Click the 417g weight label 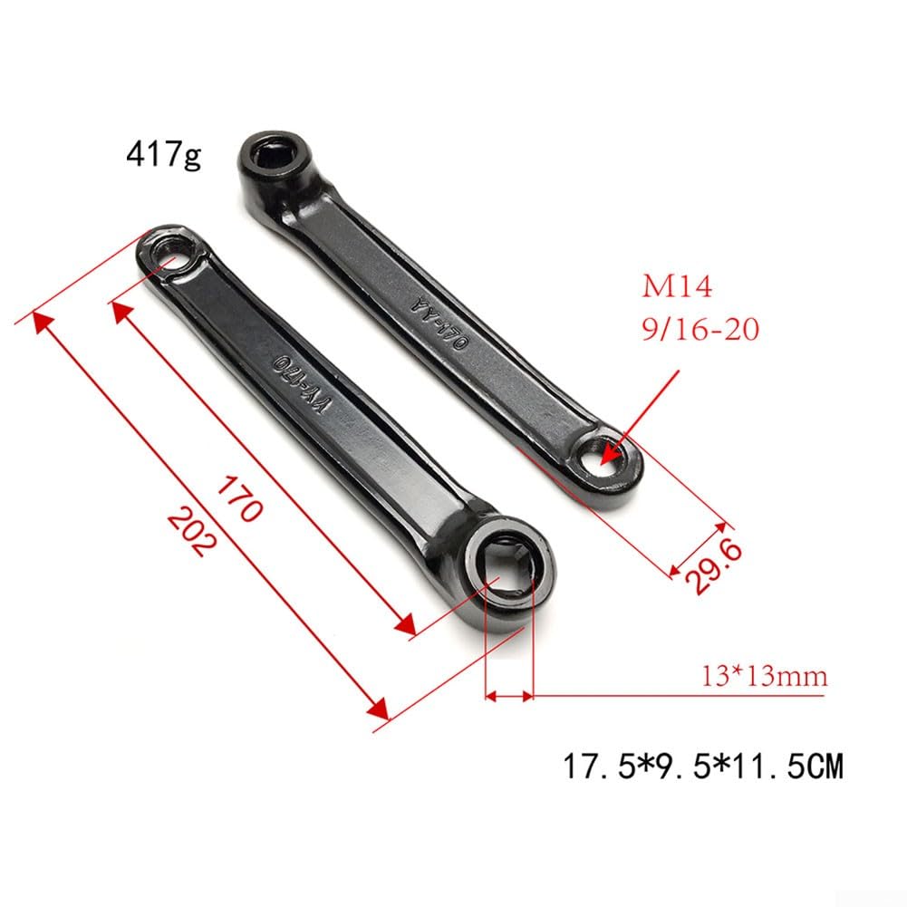pyautogui.click(x=164, y=154)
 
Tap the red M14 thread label pyautogui.click(x=677, y=286)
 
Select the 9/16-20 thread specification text pyautogui.click(x=700, y=329)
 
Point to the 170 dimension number pyautogui.click(x=240, y=498)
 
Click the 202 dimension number pyautogui.click(x=193, y=532)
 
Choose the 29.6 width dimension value pyautogui.click(x=713, y=565)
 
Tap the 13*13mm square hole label pyautogui.click(x=764, y=676)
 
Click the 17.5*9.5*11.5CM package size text pyautogui.click(x=703, y=766)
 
